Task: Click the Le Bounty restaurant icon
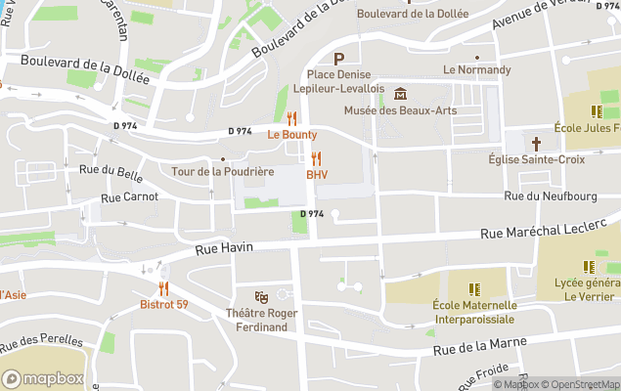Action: coord(291,118)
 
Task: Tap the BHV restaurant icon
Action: coord(316,158)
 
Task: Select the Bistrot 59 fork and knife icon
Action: coord(163,288)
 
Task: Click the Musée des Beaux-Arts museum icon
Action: coord(401,94)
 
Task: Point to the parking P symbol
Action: coord(339,59)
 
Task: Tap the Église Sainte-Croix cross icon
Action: coord(537,143)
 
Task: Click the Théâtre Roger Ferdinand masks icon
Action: coord(261,296)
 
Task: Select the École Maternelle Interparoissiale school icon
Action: coord(474,289)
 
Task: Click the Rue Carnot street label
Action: coord(129,196)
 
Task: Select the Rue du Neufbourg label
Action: coord(550,196)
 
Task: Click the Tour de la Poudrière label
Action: coord(222,171)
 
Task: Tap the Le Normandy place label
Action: coord(476,69)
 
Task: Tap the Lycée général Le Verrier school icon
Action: coord(589,266)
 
